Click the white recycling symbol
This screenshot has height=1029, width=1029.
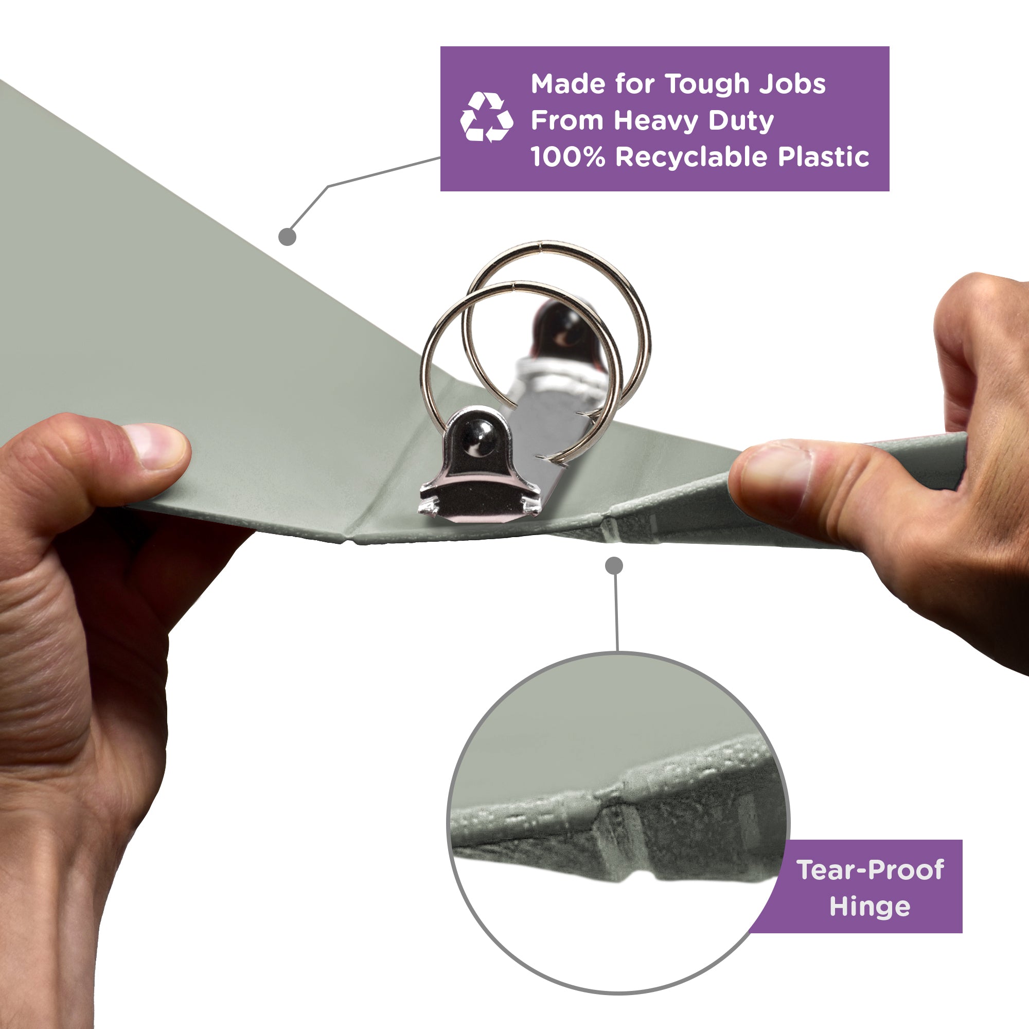(x=486, y=117)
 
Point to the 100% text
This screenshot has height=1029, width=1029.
(x=568, y=157)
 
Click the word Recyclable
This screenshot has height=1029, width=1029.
(x=691, y=157)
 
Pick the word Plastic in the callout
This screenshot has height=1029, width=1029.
(x=823, y=156)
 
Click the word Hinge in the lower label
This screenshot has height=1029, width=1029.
(x=870, y=907)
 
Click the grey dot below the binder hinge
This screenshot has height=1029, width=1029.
(x=614, y=565)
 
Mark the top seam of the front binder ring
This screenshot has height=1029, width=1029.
(x=512, y=288)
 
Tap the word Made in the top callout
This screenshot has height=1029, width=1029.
(x=567, y=84)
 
